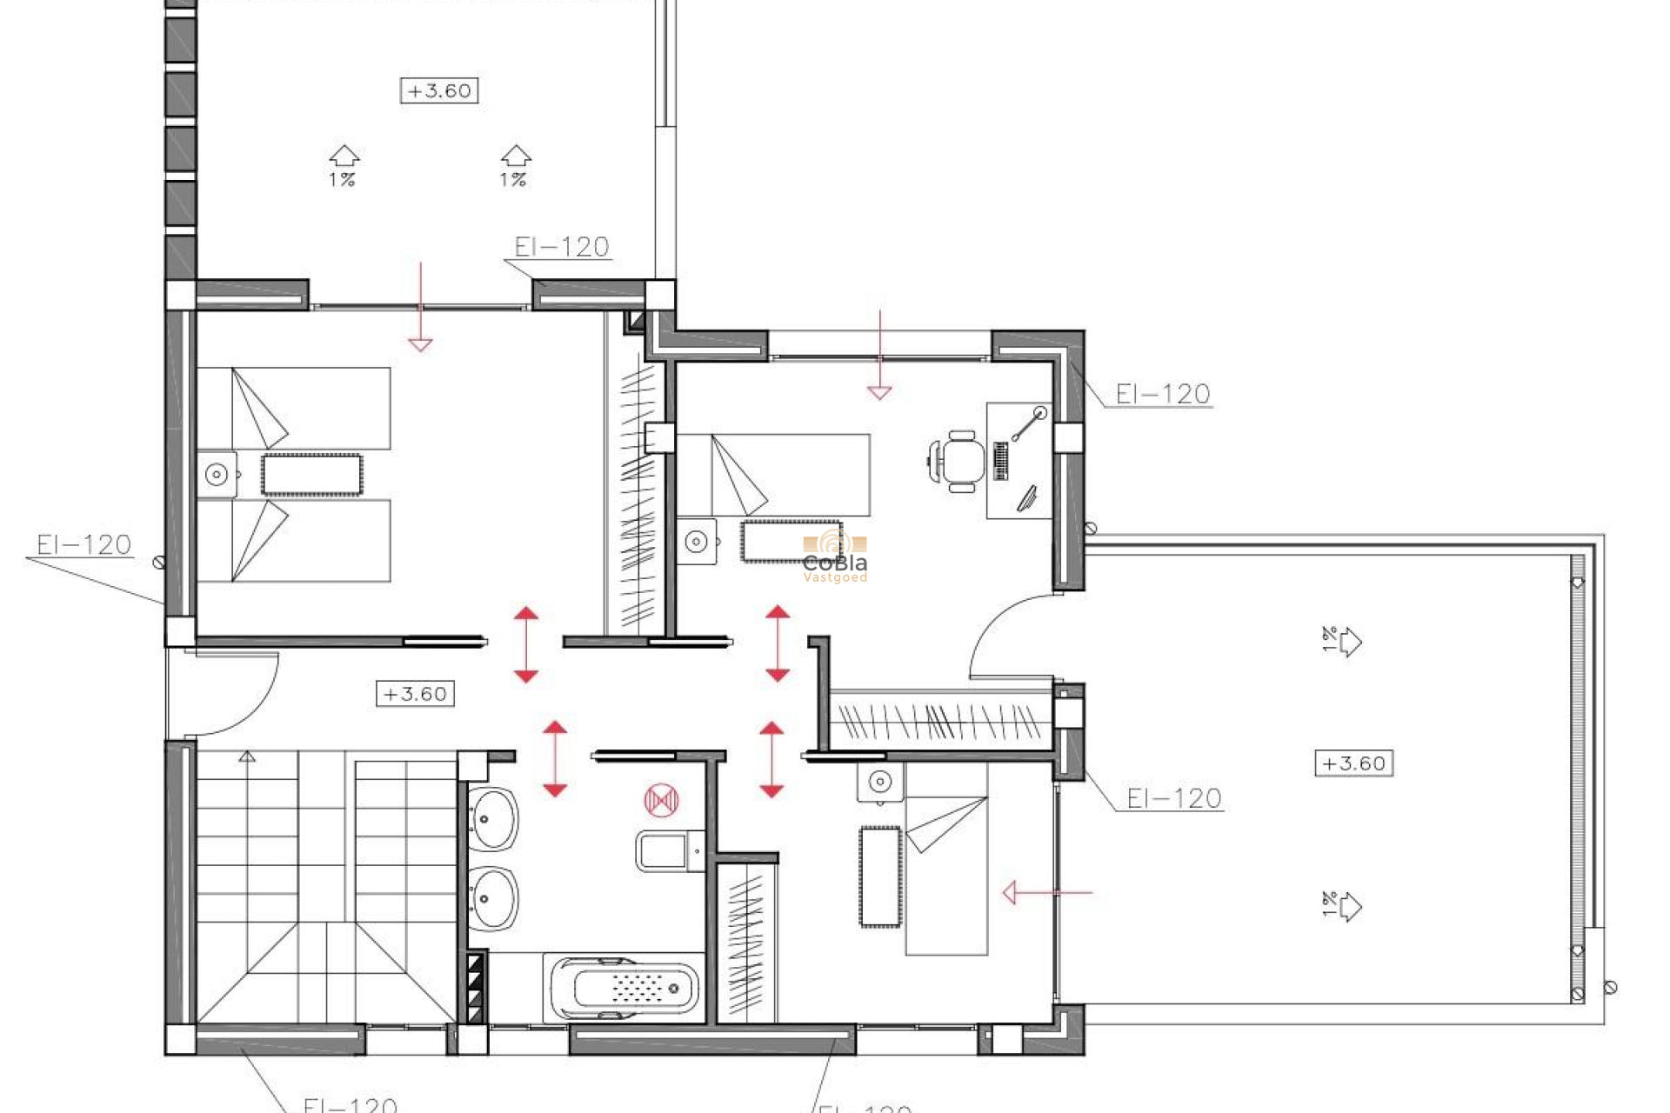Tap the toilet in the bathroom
[668, 850]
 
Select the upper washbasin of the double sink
[493, 818]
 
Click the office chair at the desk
[959, 461]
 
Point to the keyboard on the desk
[1000, 461]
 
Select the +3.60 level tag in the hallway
[415, 694]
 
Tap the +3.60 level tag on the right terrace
[1353, 763]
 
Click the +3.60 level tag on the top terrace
[439, 90]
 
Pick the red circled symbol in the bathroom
[661, 800]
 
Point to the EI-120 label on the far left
[83, 545]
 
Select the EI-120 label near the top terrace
[561, 247]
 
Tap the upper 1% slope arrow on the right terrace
[1344, 642]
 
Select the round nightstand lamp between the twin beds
[217, 475]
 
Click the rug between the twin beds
[311, 475]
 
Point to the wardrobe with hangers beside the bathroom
[746, 943]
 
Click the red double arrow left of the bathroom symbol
[555, 758]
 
